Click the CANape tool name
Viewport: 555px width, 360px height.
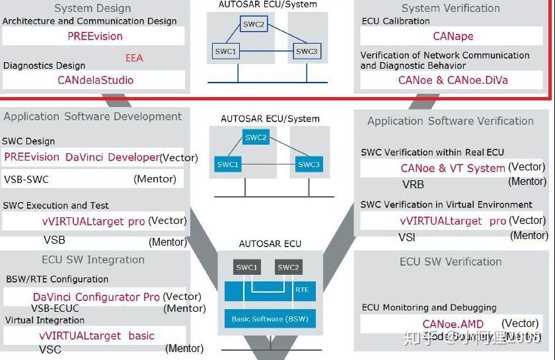click(x=453, y=36)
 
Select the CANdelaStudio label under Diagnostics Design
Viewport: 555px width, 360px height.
click(x=95, y=80)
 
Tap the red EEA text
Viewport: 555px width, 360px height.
click(x=134, y=58)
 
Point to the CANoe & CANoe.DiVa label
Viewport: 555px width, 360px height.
click(x=453, y=80)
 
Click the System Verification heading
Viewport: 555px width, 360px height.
click(x=451, y=9)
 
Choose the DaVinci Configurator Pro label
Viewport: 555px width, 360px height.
click(x=96, y=297)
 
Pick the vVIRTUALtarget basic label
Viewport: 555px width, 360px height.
click(x=96, y=336)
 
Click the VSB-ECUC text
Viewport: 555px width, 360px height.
click(x=55, y=308)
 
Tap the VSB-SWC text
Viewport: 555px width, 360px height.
click(x=26, y=179)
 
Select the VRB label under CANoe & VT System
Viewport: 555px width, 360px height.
click(x=413, y=184)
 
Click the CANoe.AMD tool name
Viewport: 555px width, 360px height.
click(x=453, y=324)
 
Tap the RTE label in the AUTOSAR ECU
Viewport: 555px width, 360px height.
click(x=301, y=290)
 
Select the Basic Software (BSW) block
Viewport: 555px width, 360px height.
click(x=270, y=319)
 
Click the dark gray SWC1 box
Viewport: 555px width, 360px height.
click(x=247, y=268)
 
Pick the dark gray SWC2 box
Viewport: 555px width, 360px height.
click(x=288, y=268)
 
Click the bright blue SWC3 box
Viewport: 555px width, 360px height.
click(x=308, y=164)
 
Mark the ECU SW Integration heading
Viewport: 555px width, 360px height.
click(x=92, y=260)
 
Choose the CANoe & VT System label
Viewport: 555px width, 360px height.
click(x=453, y=168)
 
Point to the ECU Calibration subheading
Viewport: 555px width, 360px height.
click(x=395, y=21)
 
